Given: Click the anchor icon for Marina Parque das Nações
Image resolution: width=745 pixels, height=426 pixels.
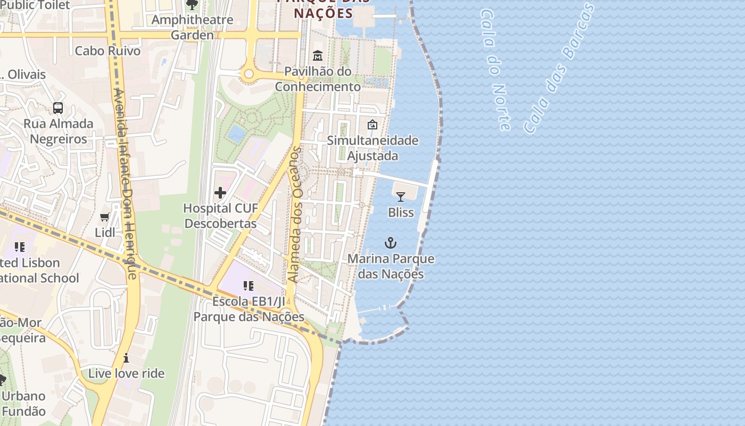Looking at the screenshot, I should pos(391,243).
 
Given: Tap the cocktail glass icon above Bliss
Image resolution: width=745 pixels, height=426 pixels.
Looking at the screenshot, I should pos(401,197).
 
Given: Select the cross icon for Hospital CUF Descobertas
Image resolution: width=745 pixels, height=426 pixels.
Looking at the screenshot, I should pos(220,193).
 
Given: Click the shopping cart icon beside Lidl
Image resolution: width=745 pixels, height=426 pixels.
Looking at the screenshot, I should pos(105,217).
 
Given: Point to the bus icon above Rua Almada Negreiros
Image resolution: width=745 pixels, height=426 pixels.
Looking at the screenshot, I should pos(58,108).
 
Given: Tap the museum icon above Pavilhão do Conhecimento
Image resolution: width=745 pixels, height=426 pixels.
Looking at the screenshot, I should pos(318,55).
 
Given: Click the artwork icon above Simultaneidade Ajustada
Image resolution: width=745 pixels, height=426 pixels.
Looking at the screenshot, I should pos(372,125).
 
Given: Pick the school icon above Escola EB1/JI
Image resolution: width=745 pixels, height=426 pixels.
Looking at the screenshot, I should pos(248,286).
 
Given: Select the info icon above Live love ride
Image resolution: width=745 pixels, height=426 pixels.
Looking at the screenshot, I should pos(126,358).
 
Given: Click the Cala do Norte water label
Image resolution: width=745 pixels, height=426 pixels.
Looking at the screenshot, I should pos(495,69).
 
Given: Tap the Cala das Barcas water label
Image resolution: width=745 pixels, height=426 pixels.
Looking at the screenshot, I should pos(559,68).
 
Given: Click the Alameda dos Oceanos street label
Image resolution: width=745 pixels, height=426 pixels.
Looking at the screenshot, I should pos(294,215).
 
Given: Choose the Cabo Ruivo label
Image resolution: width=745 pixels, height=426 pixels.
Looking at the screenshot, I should pos(107,51).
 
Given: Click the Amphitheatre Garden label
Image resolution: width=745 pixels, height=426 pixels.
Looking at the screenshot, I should pos(192,28).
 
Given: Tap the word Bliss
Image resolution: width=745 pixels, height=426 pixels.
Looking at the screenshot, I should pos(401,212).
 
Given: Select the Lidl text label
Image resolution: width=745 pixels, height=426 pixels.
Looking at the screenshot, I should pos(105,233).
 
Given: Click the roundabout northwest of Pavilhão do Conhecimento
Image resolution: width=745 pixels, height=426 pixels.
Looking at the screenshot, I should pos(248,76).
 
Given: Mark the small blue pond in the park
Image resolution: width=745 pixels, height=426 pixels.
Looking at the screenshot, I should pos(236,133).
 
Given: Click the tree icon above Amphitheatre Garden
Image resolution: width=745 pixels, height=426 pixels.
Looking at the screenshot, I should pos(192,5).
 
